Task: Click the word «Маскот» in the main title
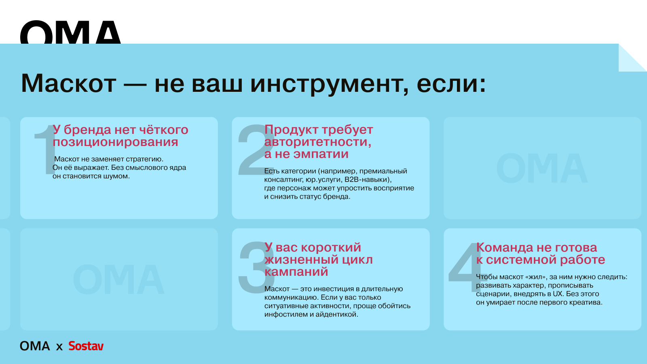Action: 69,83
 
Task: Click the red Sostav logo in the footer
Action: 86,346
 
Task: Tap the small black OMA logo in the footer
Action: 35,346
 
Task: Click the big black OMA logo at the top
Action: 70,32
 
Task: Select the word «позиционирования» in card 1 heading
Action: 115,142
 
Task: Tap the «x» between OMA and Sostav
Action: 59,347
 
